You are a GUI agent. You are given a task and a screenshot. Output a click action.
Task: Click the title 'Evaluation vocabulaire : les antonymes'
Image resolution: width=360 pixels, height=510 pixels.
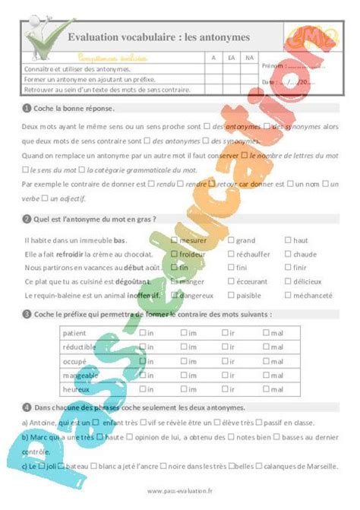159,36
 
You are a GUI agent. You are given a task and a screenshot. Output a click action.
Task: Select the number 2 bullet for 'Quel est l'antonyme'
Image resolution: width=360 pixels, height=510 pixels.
27,219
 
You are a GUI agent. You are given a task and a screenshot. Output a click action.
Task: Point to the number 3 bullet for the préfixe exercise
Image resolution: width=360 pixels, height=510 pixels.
27,313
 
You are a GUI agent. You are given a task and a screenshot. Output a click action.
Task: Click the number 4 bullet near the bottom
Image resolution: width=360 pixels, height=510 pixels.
27,408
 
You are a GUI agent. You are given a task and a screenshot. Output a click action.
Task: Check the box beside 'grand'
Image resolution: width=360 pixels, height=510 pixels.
230,240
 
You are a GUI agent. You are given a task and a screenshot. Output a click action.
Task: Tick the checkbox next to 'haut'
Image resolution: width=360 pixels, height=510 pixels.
287,240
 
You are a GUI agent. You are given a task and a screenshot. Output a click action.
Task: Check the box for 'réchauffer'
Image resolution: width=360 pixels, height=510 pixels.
230,254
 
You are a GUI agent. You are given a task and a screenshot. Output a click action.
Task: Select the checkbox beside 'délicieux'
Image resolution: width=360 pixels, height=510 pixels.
287,281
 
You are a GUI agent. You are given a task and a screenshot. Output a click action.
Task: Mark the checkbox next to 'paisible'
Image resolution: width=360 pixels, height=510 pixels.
230,295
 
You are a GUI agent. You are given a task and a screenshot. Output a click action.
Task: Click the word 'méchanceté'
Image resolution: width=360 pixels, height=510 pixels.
312,295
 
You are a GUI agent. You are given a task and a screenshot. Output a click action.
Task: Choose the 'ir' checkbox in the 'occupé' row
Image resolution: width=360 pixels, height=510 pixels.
225,361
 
